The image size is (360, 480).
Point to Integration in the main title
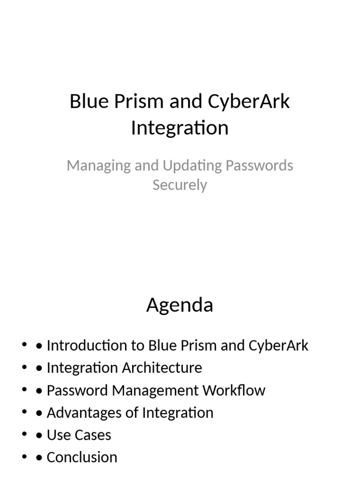point(180,128)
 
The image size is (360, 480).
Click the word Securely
point(180,185)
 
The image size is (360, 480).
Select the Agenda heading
point(180,305)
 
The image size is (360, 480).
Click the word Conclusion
point(82,457)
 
